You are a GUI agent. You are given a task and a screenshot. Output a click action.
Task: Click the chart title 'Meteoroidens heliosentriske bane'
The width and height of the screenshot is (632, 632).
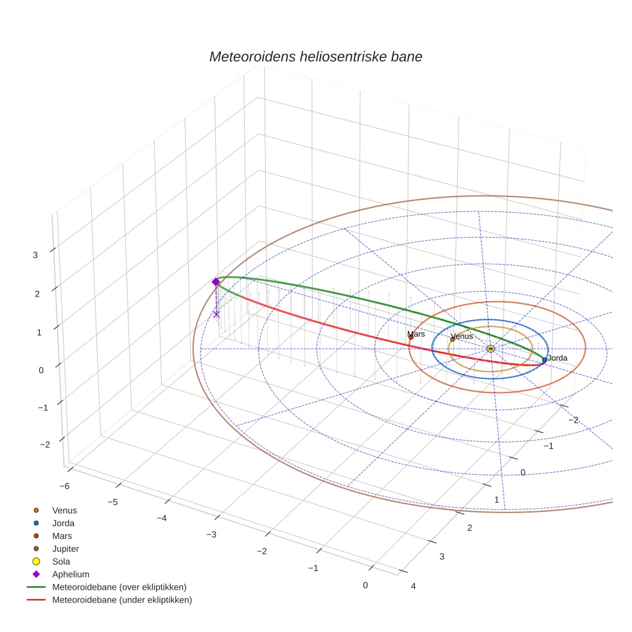(315, 57)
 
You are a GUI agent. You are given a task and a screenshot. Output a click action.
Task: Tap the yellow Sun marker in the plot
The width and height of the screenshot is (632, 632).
(491, 348)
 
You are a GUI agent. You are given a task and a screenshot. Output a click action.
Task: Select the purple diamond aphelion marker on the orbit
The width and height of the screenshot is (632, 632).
(216, 282)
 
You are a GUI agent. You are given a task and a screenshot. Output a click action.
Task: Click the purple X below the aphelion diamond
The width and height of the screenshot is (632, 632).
(216, 314)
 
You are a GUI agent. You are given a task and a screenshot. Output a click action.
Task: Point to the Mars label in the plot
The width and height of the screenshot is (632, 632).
(416, 334)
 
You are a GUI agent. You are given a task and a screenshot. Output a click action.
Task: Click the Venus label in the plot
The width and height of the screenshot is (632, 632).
(462, 336)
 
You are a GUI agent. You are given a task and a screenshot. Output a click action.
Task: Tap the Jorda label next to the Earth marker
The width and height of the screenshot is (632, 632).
(557, 358)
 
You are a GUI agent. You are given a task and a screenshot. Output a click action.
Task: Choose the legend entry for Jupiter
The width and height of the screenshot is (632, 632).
(66, 549)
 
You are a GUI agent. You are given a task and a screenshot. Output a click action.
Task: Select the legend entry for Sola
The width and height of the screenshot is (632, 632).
(61, 561)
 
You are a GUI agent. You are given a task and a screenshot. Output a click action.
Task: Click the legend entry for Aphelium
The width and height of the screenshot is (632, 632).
(71, 574)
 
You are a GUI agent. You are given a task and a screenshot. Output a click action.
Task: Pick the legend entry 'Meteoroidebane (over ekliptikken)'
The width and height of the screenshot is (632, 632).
(119, 587)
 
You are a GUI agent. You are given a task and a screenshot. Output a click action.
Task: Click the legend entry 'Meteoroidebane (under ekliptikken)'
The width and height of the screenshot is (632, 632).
(122, 600)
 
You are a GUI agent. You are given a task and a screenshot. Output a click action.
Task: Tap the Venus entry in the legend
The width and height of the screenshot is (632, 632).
(64, 510)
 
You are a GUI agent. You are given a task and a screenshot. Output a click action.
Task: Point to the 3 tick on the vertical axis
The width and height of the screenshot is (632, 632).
(35, 254)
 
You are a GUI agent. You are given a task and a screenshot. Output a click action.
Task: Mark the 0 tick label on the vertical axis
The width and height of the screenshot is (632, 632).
(42, 370)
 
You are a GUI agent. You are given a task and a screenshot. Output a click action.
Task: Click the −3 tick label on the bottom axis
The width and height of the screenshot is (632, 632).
(211, 534)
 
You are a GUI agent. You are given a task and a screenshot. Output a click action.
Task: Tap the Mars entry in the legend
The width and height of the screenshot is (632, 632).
(62, 536)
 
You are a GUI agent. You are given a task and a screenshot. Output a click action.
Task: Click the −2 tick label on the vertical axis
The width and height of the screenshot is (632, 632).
(44, 444)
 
